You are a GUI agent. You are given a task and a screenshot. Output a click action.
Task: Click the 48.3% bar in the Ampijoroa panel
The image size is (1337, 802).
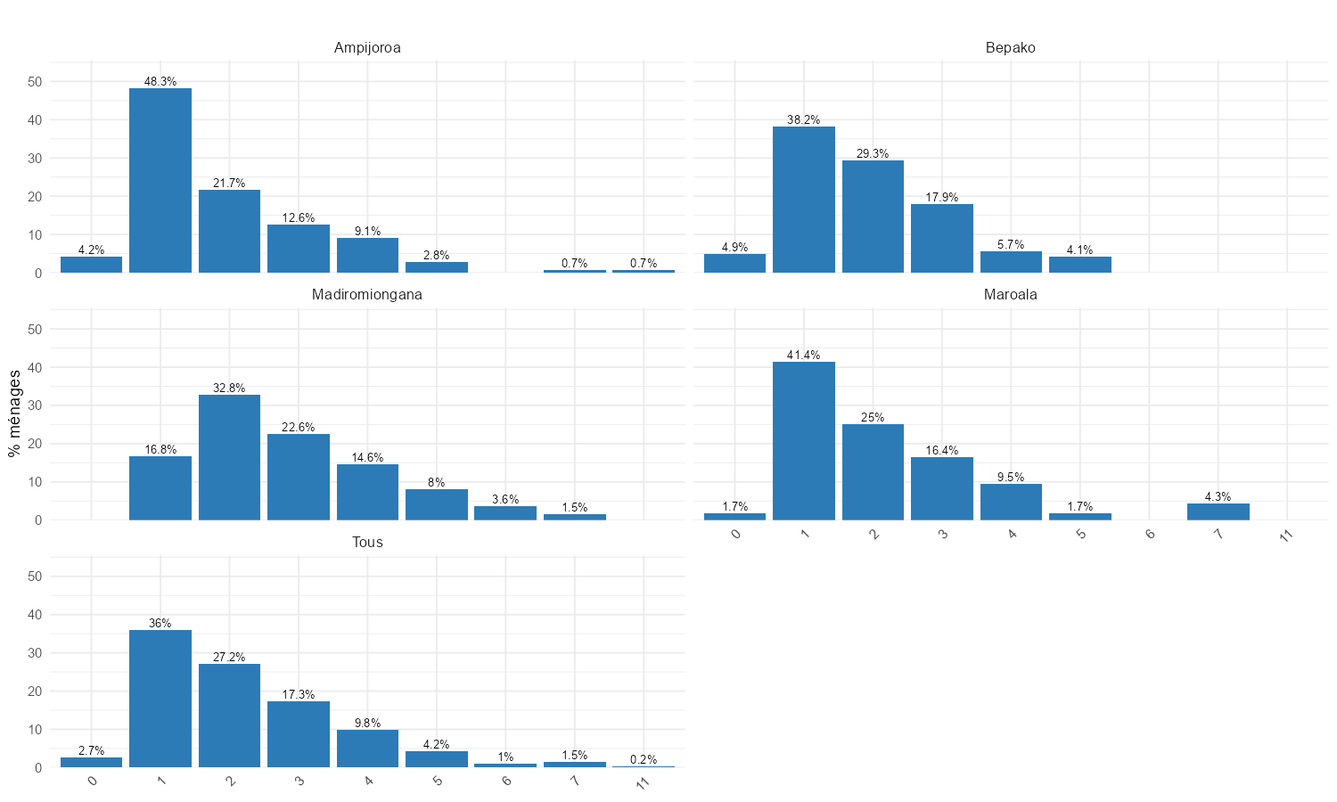tap(160, 180)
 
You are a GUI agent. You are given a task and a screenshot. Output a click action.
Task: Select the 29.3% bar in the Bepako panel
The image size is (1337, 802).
tap(873, 217)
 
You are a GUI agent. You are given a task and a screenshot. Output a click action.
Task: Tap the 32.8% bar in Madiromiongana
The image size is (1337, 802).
tap(229, 457)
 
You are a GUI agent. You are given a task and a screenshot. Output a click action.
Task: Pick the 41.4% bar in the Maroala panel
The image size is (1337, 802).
tap(804, 440)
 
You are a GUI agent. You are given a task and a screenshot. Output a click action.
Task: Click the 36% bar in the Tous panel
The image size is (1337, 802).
tap(160, 699)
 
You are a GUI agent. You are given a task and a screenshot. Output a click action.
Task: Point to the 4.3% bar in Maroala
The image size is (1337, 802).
tap(1218, 511)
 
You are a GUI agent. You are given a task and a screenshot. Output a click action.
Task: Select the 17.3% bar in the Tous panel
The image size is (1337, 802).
tap(299, 734)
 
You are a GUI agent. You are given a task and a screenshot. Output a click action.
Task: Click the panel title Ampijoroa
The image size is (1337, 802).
tap(367, 48)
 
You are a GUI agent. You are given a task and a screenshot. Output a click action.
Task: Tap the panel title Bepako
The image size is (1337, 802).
tap(1011, 48)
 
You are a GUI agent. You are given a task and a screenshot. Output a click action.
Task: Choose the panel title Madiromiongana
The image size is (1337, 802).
tap(367, 295)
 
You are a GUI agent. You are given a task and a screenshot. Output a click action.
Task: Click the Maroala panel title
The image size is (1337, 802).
tap(1011, 295)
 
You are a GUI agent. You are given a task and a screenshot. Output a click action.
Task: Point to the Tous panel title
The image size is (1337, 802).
tap(367, 543)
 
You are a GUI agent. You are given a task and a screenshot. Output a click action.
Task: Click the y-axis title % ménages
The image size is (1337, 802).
tap(14, 413)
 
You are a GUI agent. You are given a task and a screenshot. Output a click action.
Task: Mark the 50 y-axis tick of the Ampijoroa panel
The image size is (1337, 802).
tap(35, 82)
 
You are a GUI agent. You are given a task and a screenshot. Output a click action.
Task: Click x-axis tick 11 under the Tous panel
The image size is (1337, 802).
tap(643, 782)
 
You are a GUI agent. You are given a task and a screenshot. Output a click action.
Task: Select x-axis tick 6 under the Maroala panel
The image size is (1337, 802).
tap(1150, 535)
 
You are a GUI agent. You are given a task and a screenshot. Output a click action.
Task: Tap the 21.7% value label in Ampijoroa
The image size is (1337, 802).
tap(229, 184)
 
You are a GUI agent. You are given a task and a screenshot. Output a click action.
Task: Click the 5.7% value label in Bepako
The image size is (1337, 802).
tap(1011, 245)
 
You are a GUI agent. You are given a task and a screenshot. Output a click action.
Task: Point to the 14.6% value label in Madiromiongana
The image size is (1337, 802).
tap(367, 458)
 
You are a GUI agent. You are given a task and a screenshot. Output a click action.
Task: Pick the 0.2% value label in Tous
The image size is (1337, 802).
tap(644, 760)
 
